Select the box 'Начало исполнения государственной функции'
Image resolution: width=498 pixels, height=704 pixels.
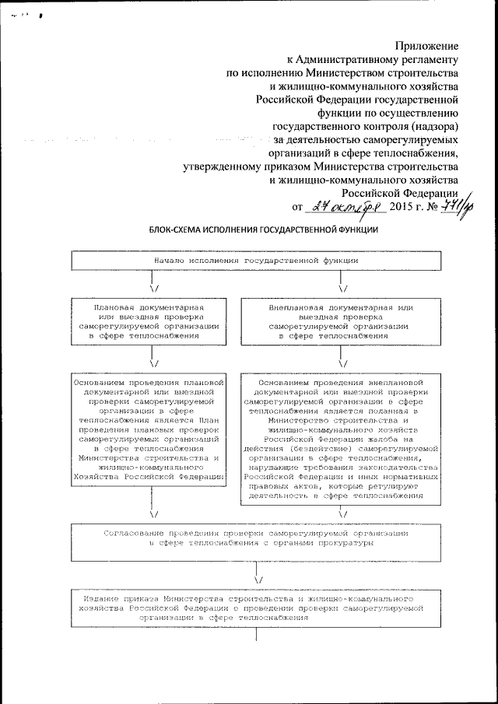tap(257, 261)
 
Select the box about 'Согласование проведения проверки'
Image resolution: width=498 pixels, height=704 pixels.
tap(257, 538)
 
